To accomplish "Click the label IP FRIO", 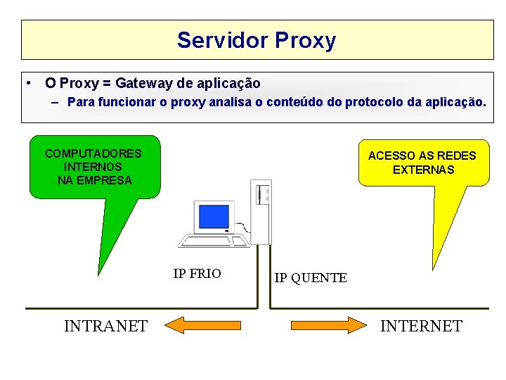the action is coord(197,274).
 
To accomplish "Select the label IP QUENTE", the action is coord(310,278).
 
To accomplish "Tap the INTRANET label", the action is coord(105,326).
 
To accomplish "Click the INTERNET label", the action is coord(421,326).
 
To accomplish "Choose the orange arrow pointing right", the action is coord(328,325).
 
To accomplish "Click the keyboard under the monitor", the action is coord(214,241).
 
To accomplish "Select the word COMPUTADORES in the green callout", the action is coord(93,153).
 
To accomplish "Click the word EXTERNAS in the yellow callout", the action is coord(423,170).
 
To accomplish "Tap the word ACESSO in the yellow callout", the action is coord(391,156).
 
